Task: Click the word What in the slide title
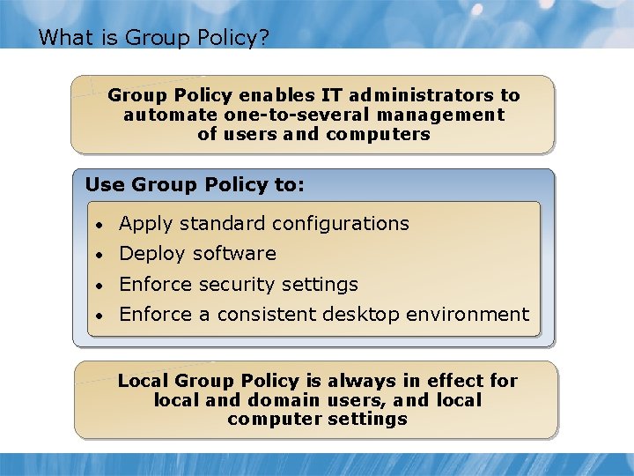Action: pyautogui.click(x=61, y=37)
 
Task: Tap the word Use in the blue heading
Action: pyautogui.click(x=106, y=184)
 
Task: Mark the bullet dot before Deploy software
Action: pyautogui.click(x=102, y=255)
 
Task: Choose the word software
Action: pyautogui.click(x=235, y=254)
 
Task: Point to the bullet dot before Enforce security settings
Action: pyautogui.click(x=102, y=286)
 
